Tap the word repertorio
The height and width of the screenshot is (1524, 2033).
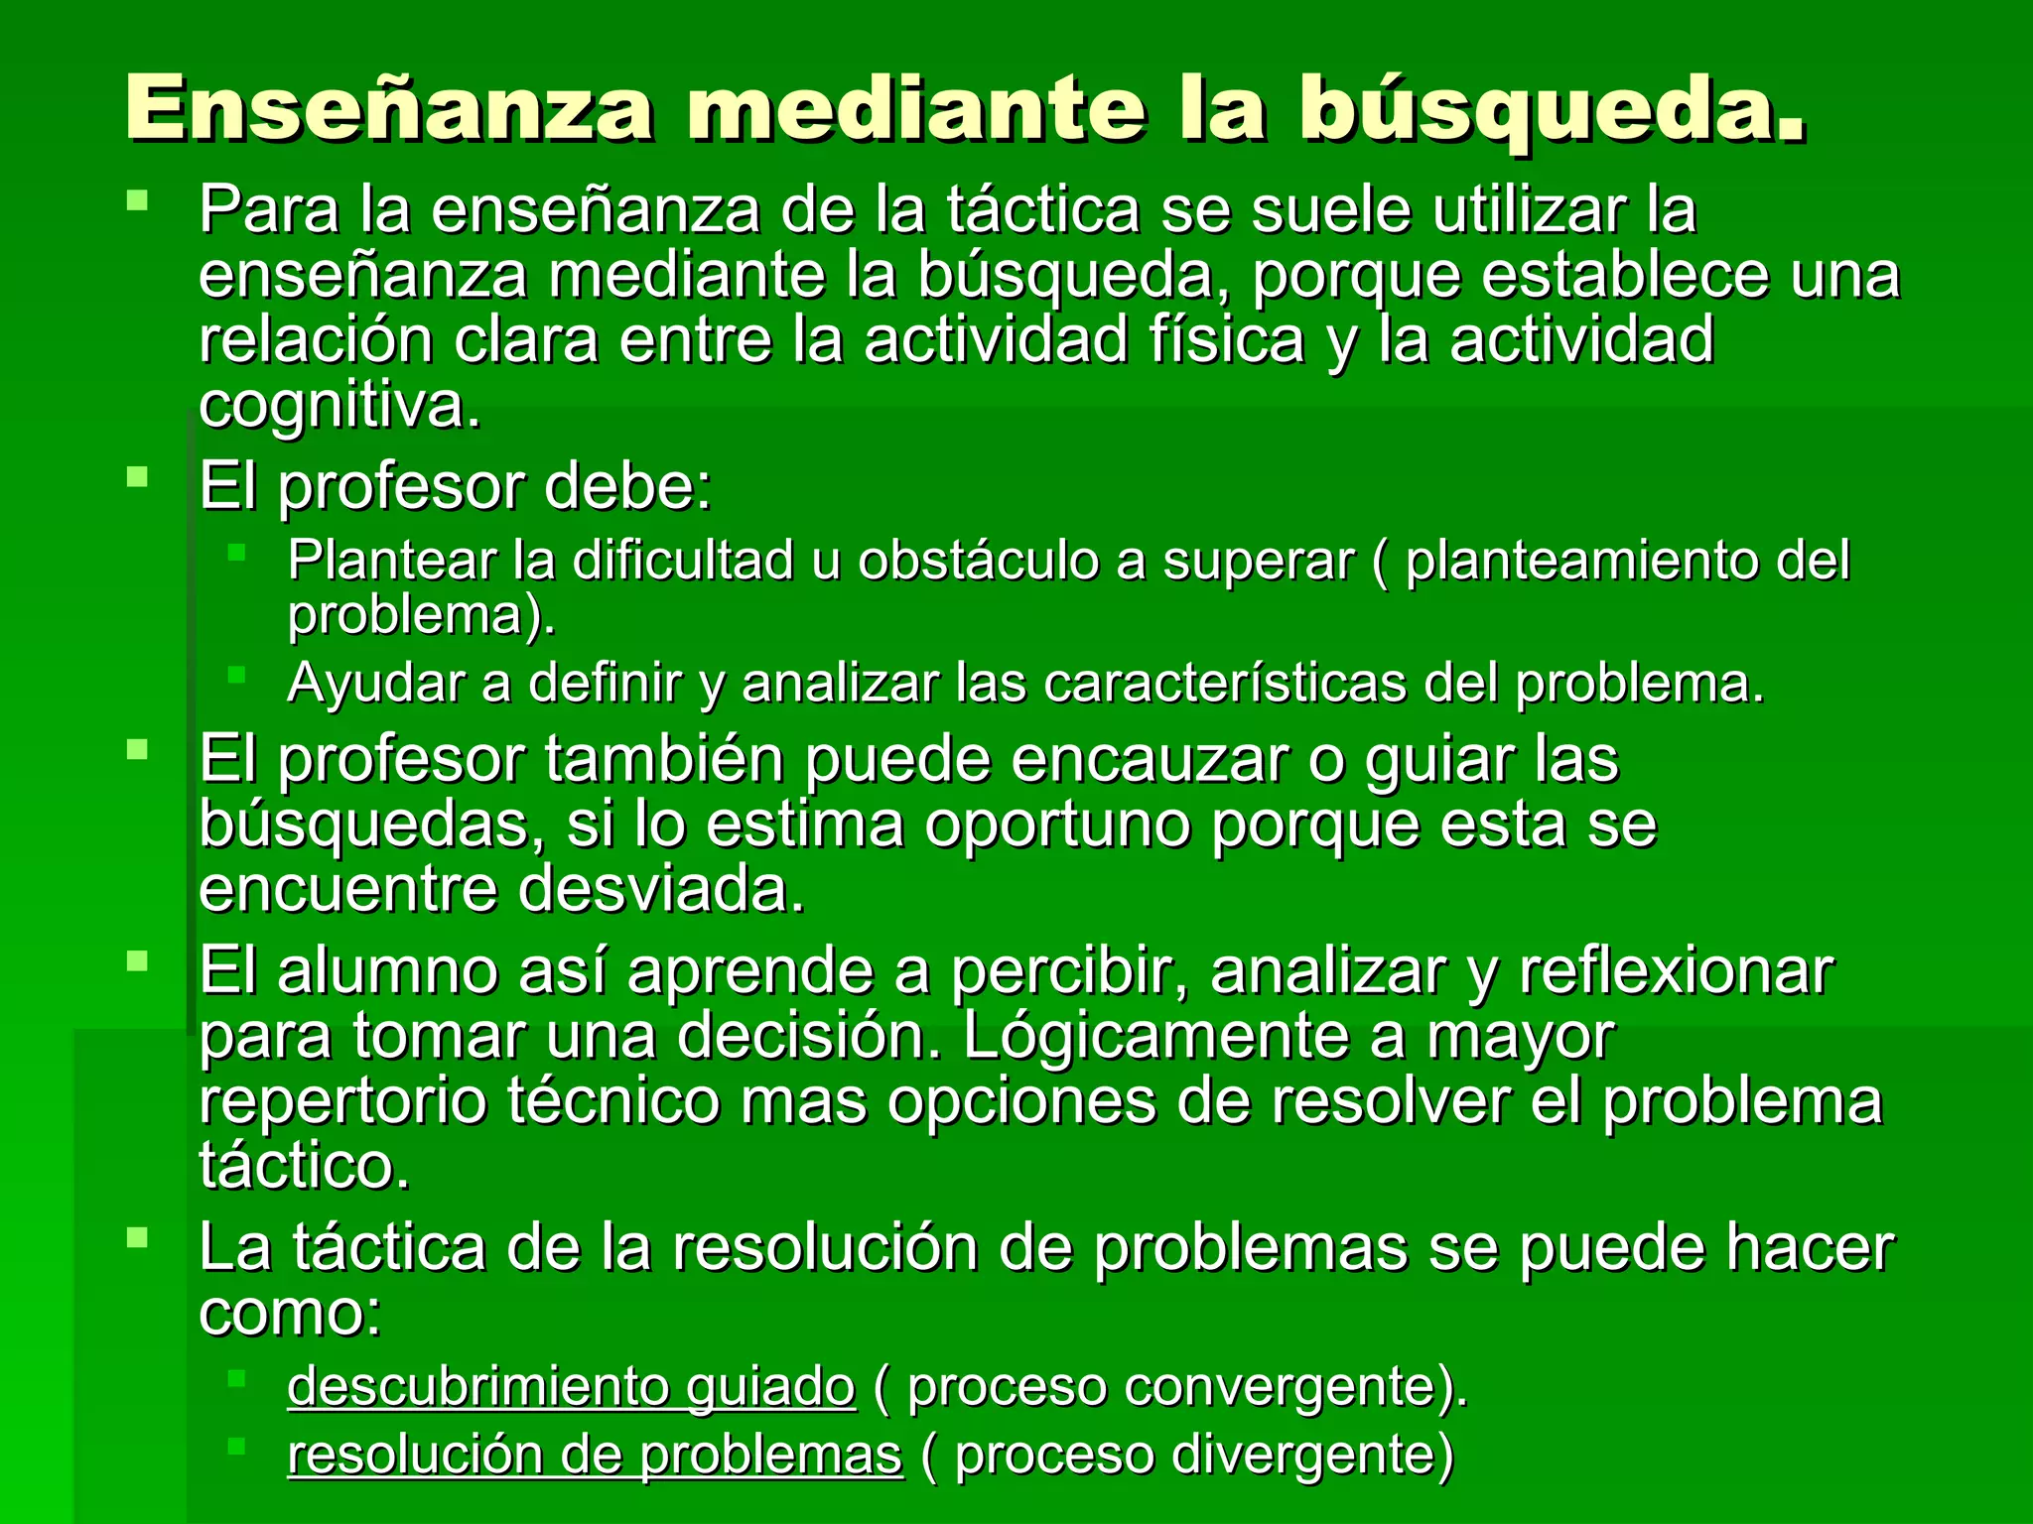[342, 1101]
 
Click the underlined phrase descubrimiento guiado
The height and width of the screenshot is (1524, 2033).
[571, 1386]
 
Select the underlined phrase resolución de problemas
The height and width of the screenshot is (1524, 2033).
[595, 1456]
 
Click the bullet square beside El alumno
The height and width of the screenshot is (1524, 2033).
[137, 960]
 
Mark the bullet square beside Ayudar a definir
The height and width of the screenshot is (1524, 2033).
[236, 676]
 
